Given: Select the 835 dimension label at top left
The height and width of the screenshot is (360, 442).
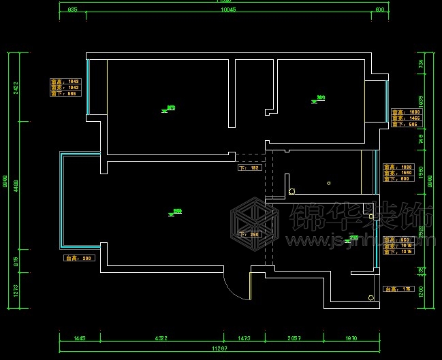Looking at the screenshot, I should point(73,10).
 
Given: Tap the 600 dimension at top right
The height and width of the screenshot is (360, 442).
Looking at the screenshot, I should point(380,10).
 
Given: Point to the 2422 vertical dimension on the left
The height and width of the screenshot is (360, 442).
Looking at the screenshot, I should point(15,88).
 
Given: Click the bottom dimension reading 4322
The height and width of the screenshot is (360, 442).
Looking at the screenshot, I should point(161,338).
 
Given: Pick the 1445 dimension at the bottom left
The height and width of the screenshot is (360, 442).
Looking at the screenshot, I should point(80,338).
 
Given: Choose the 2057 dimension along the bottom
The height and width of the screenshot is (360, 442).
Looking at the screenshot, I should point(294,338).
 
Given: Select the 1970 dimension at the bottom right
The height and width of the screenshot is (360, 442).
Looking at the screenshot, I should point(350,338).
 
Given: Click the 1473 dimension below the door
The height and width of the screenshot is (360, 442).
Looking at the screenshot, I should point(244,338).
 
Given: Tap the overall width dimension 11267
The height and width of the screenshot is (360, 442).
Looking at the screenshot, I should point(219,349).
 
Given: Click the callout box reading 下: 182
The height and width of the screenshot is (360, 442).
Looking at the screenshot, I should point(250,167).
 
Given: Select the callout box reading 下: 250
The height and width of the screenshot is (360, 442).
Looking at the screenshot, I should point(250,234).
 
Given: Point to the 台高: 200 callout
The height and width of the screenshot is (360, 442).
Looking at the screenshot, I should point(79,259).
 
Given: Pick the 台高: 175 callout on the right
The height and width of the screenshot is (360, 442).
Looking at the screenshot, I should point(399,289).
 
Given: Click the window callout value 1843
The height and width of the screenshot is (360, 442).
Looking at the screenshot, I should point(74,82).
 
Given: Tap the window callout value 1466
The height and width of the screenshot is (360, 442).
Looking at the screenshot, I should point(414,118).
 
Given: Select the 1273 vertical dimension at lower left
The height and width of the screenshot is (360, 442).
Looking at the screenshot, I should point(15,291).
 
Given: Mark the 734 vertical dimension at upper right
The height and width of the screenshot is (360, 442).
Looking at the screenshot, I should point(421,63).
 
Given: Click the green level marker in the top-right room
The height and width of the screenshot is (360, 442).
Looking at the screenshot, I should point(319,99).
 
